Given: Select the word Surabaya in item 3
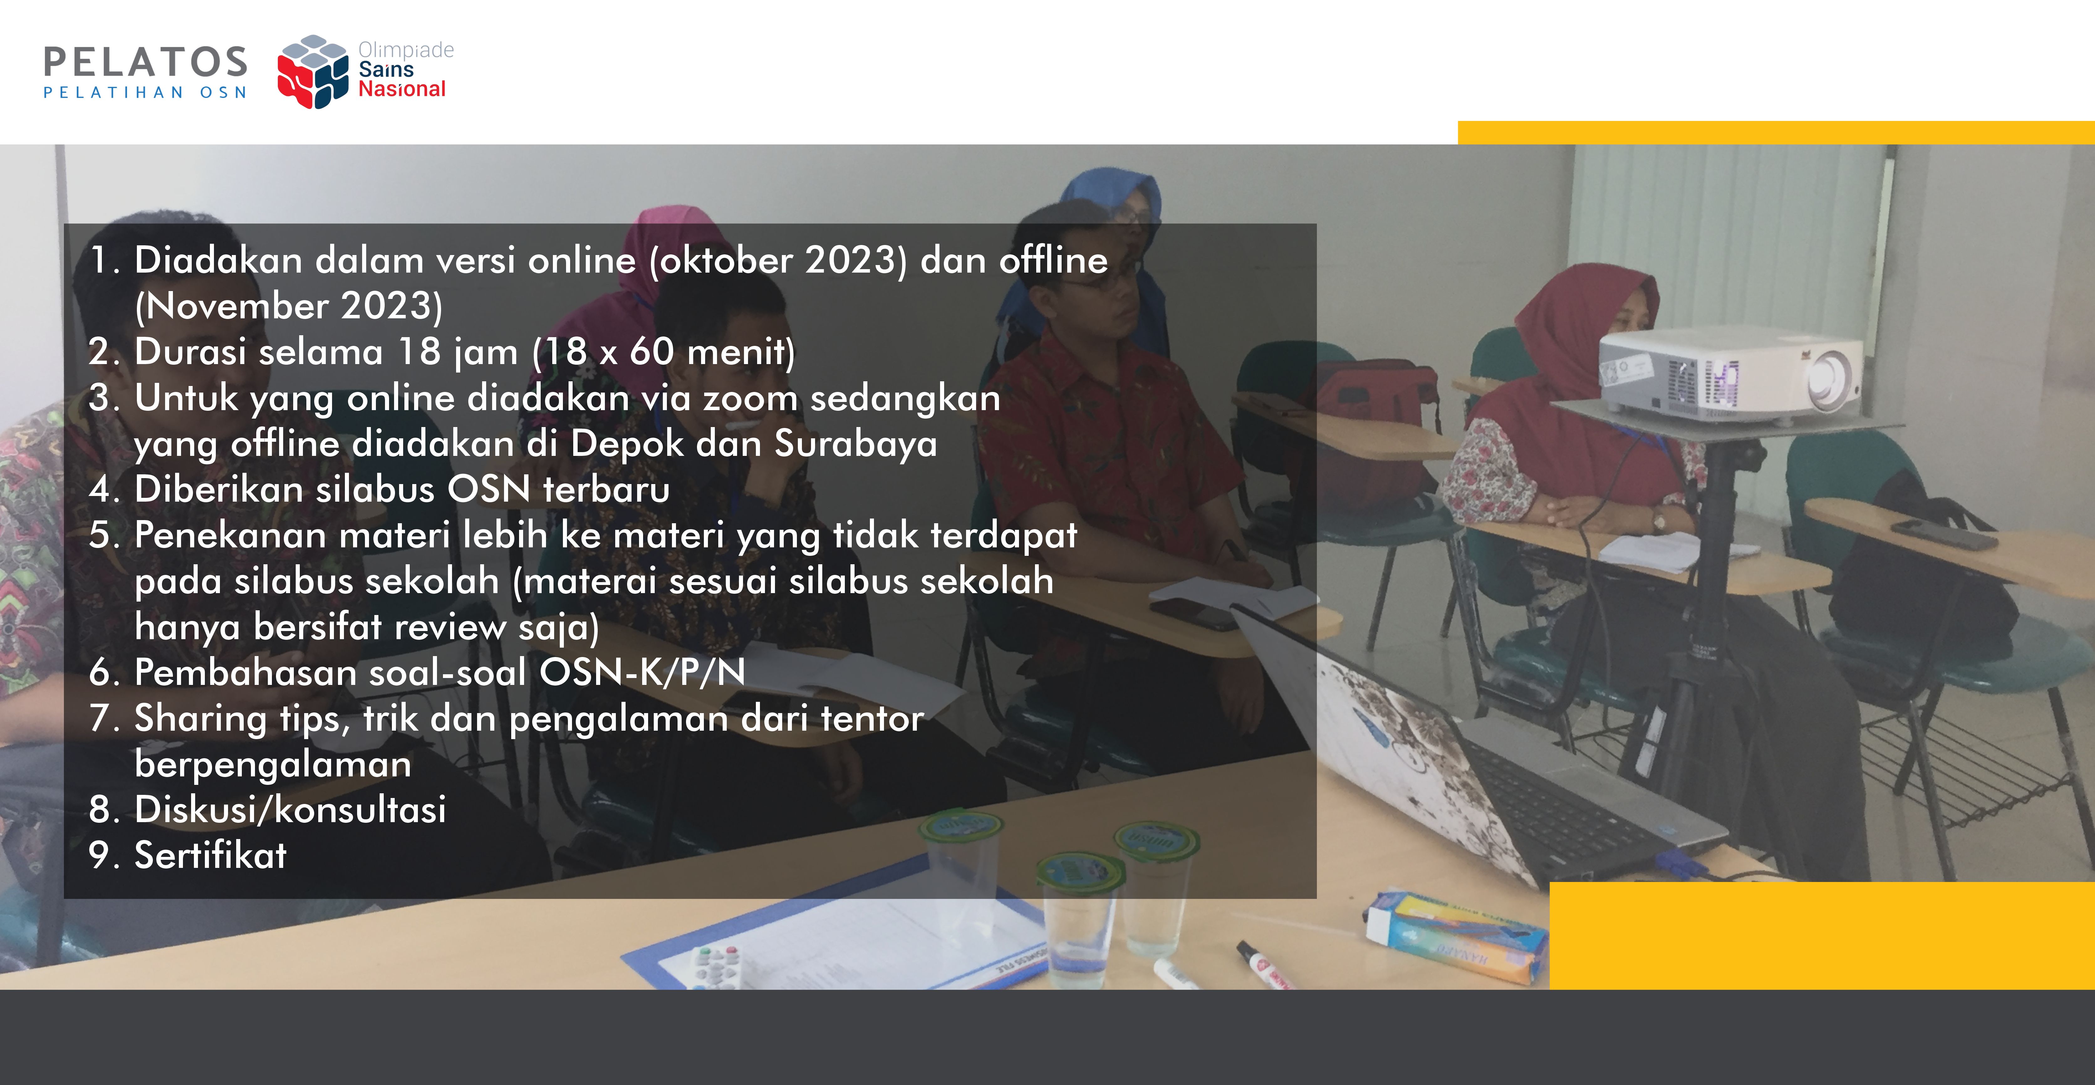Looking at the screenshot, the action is (855, 444).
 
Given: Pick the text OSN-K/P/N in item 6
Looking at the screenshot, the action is (642, 673).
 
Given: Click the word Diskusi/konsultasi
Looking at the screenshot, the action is (290, 810).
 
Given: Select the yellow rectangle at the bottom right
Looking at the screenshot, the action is (1822, 935).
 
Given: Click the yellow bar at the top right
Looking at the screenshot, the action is (1776, 133).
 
